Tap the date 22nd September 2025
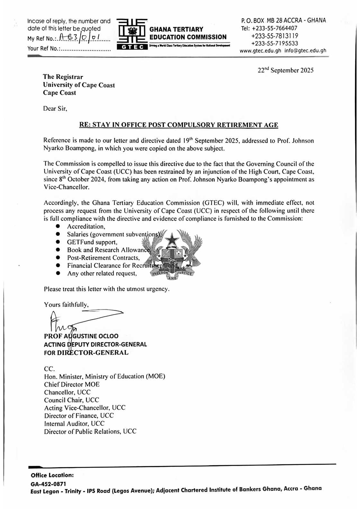pyautogui.click(x=285, y=70)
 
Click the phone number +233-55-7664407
pyautogui.click(x=274, y=28)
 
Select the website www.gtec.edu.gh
pyautogui.click(x=260, y=50)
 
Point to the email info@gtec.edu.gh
pyautogui.click(x=305, y=50)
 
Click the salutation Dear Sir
pyautogui.click(x=55, y=109)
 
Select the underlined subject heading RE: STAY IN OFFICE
pyautogui.click(x=178, y=125)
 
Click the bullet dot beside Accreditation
pyautogui.click(x=58, y=226)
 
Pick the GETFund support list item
pyautogui.click(x=92, y=242)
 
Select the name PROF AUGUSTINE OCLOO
pyautogui.click(x=81, y=336)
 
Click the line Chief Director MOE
pyautogui.click(x=72, y=384)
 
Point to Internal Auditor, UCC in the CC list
pyautogui.click(x=74, y=424)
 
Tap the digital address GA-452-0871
pyautogui.click(x=49, y=484)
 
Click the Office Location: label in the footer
pyautogui.click(x=52, y=475)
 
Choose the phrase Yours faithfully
pyautogui.click(x=66, y=305)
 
